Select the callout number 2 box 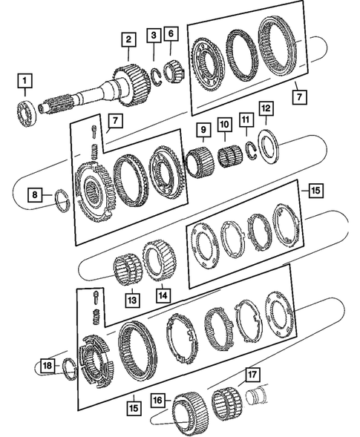tap(128, 39)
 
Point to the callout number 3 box tap(153, 35)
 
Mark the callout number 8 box tap(35, 196)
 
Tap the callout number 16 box tap(158, 400)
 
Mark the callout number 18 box tap(48, 366)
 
